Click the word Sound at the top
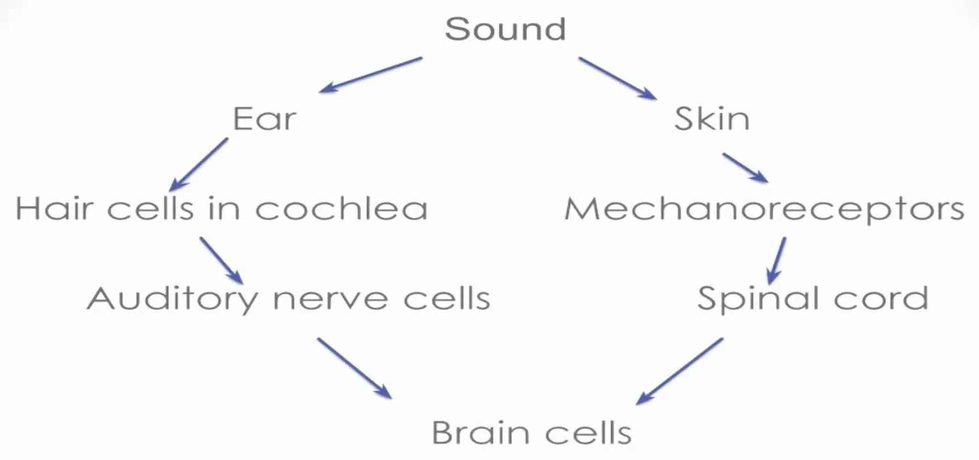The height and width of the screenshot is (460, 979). click(x=505, y=29)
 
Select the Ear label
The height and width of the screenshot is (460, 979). click(x=264, y=118)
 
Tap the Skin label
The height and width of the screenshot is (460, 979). click(x=712, y=118)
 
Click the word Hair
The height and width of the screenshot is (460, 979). click(x=54, y=209)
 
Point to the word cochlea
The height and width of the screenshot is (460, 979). click(x=341, y=209)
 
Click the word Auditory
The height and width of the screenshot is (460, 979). click(x=173, y=299)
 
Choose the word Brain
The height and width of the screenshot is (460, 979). click(x=480, y=433)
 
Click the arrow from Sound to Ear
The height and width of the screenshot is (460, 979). click(x=370, y=75)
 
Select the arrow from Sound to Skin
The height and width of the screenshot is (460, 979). click(x=617, y=78)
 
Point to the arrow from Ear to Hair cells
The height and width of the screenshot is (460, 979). click(x=199, y=165)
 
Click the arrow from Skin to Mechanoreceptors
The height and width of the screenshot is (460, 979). click(x=745, y=168)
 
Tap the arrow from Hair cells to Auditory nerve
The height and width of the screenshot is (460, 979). click(x=221, y=260)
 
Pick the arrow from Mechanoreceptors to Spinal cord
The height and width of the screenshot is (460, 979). click(x=776, y=261)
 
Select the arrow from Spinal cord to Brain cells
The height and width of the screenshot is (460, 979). click(x=679, y=371)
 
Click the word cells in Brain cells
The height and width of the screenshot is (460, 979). click(x=588, y=433)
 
